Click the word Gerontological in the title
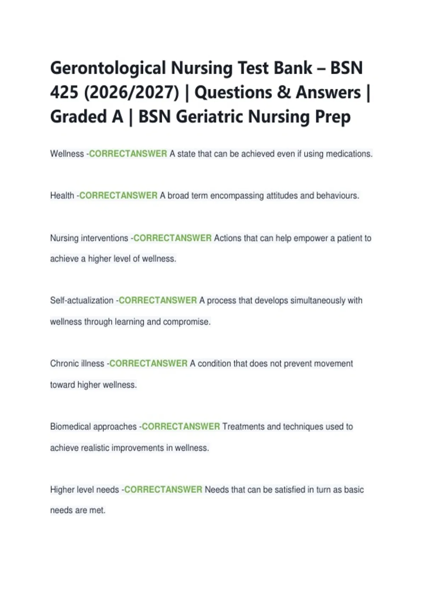coord(108,68)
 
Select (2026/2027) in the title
coord(132,93)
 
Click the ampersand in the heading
coord(284,93)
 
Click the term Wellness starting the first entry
coord(67,154)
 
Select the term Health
coord(62,195)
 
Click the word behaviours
coord(338,195)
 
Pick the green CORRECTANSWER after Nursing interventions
coord(172,238)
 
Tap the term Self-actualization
coord(82,300)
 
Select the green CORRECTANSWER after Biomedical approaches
coord(181,426)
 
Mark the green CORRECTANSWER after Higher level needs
coord(163,489)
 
